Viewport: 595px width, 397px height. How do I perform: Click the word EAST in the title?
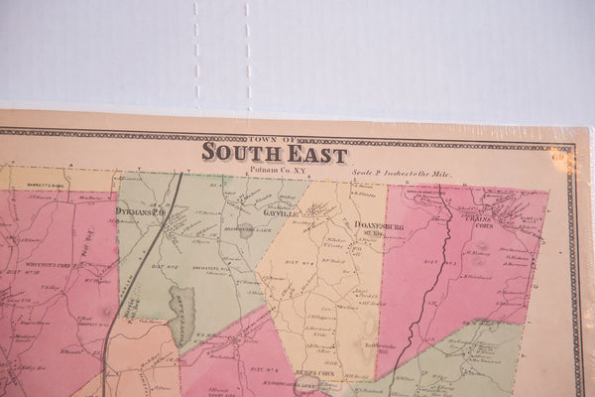[316, 155]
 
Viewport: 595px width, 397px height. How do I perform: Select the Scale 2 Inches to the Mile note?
[401, 173]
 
